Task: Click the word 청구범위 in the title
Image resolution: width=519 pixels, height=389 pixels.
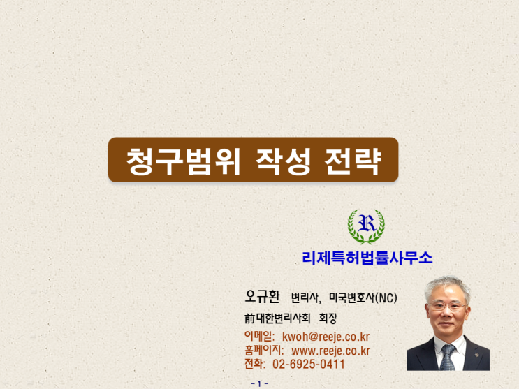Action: point(183,161)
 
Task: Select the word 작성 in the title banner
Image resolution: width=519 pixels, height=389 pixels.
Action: point(284,161)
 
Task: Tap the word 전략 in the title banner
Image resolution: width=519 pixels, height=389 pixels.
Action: point(353,161)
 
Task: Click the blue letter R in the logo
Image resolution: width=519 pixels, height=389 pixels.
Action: point(367,223)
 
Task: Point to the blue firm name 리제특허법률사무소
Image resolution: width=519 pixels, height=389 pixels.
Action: point(367,258)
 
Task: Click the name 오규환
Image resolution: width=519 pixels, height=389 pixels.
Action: point(262,296)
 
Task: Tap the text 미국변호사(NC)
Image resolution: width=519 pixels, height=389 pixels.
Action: point(363,298)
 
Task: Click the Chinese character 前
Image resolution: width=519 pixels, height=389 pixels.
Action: point(249,318)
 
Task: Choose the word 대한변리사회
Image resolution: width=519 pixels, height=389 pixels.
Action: point(284,318)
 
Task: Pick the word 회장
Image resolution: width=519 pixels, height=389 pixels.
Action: point(328,318)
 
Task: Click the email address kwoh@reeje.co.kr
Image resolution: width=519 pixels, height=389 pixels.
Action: point(326,337)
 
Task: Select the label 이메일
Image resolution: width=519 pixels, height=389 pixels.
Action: point(259,336)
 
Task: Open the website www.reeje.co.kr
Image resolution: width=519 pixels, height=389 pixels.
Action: point(330,351)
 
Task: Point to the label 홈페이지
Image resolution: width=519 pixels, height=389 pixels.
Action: point(264,351)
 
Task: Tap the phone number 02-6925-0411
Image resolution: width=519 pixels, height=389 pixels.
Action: point(309,364)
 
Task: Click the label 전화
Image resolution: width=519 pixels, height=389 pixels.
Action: point(254,364)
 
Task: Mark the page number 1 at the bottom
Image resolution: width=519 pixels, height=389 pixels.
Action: point(260,383)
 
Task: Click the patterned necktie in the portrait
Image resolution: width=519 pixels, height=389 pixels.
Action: point(448,358)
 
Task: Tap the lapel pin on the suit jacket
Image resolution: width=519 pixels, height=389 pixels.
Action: point(477,355)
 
